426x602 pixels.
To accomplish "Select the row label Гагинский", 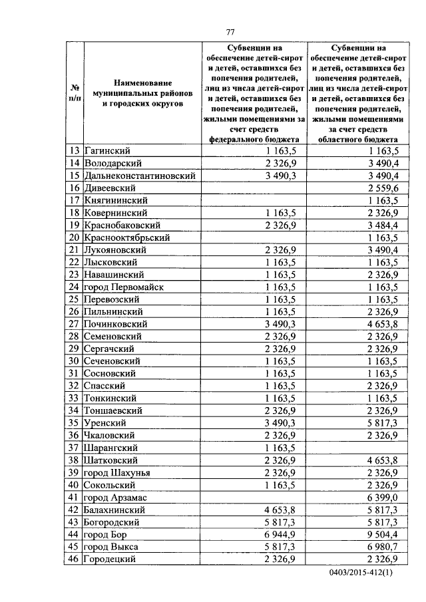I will coord(107,150).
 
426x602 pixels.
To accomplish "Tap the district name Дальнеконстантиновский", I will coord(140,176).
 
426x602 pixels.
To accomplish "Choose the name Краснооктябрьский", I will coord(127,237).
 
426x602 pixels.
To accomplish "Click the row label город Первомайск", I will coord(124,287).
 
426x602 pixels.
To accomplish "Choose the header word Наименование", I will coord(142,82).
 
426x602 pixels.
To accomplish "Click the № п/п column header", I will coord(75,94).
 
